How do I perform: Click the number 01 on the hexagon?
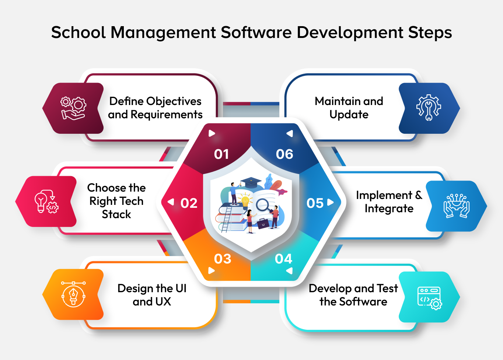(x=221, y=154)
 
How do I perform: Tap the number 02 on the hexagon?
(x=189, y=203)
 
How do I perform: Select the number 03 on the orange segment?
(x=223, y=259)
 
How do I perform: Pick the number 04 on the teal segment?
(x=283, y=259)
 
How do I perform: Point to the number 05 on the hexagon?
(x=315, y=203)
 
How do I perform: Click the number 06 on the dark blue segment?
(x=284, y=154)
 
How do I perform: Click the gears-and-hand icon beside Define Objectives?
(x=73, y=108)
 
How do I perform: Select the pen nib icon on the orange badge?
(x=73, y=294)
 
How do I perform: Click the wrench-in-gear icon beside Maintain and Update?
(x=429, y=108)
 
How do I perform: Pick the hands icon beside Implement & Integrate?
(x=456, y=206)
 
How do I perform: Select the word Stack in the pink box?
(x=116, y=214)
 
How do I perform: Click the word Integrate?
(x=389, y=209)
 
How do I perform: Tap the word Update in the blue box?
(x=349, y=115)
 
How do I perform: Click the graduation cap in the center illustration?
(x=251, y=181)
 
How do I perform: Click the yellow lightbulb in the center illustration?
(x=245, y=201)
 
